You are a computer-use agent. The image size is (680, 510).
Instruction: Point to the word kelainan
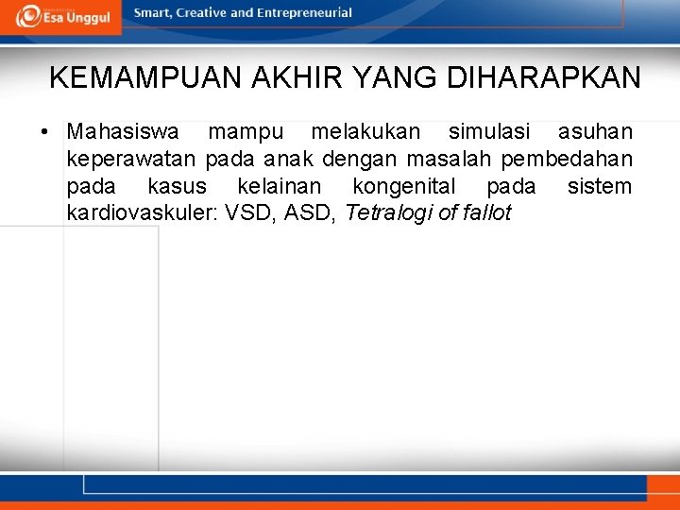[x=279, y=186]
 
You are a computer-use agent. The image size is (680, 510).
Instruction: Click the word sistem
[x=600, y=186]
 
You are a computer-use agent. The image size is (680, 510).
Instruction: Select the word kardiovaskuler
[x=140, y=213]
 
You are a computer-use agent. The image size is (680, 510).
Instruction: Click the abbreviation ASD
[x=311, y=213]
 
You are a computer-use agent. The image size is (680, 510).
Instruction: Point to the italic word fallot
[x=486, y=213]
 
